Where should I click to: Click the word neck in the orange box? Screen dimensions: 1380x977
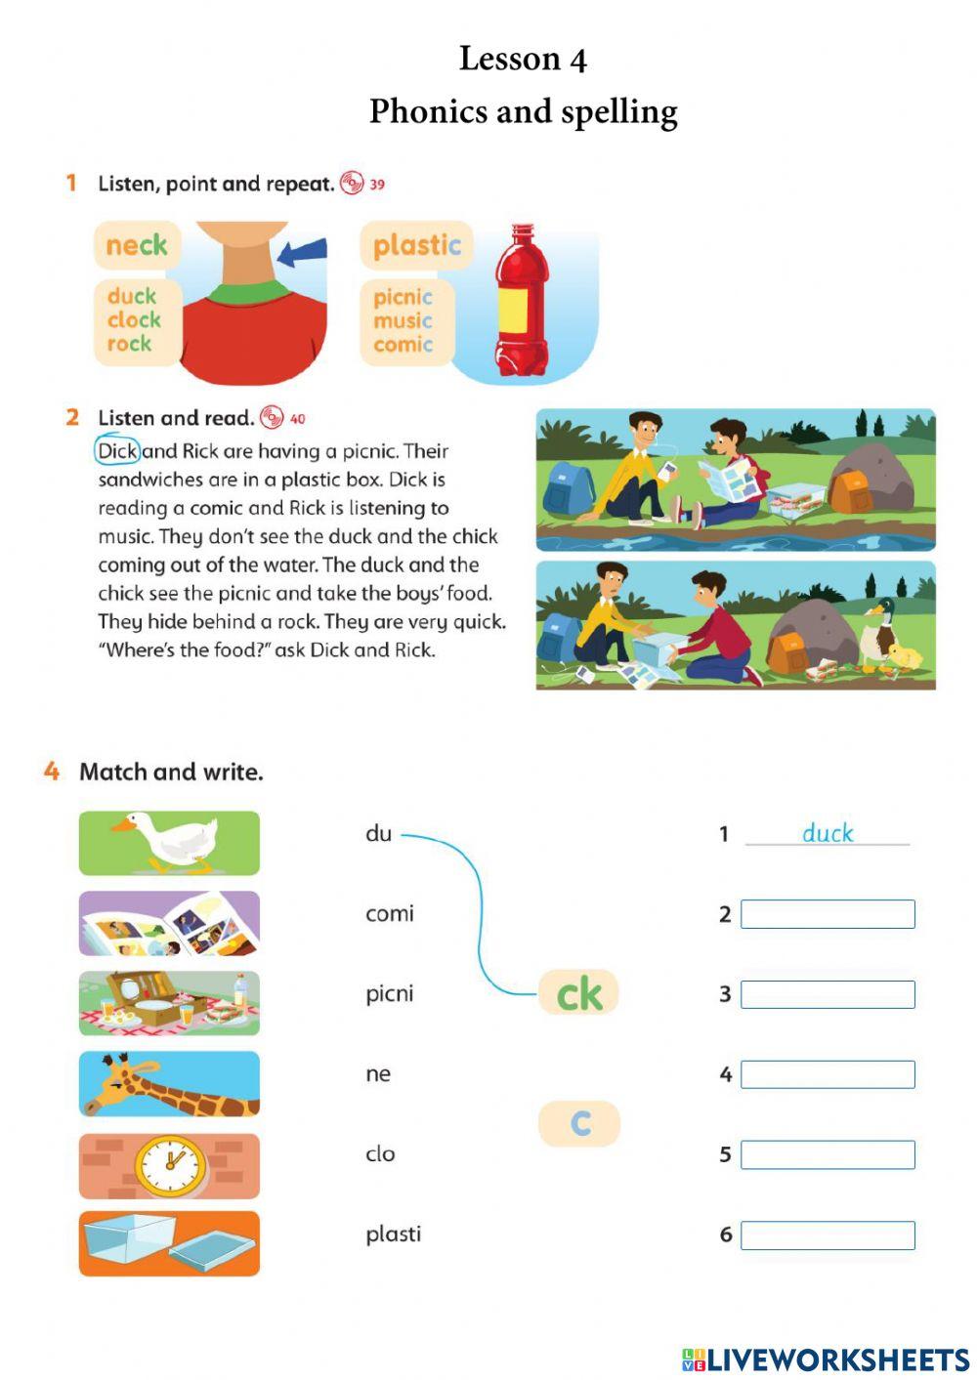pos(136,245)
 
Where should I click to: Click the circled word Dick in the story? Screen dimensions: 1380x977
pos(118,451)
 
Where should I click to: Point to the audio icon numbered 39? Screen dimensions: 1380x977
pos(352,183)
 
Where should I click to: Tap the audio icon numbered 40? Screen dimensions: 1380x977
pos(272,418)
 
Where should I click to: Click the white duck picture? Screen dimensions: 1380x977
pos(169,842)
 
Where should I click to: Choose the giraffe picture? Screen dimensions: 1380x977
pos(169,1083)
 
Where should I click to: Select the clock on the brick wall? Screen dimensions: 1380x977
pos(171,1165)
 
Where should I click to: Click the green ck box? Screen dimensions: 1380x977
pos(578,993)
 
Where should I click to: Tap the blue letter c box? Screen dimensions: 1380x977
pos(579,1123)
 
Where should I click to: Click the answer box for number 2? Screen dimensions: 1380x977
pos(828,914)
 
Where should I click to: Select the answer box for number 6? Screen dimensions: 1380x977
pos(828,1235)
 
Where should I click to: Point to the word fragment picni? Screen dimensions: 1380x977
pos(389,994)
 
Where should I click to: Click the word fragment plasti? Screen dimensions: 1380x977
pos(393,1234)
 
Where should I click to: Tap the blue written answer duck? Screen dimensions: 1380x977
pos(828,833)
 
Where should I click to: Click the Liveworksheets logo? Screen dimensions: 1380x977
pos(825,1359)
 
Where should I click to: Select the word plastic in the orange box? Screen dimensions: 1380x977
pos(417,245)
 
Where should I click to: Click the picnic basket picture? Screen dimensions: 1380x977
pos(169,1003)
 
